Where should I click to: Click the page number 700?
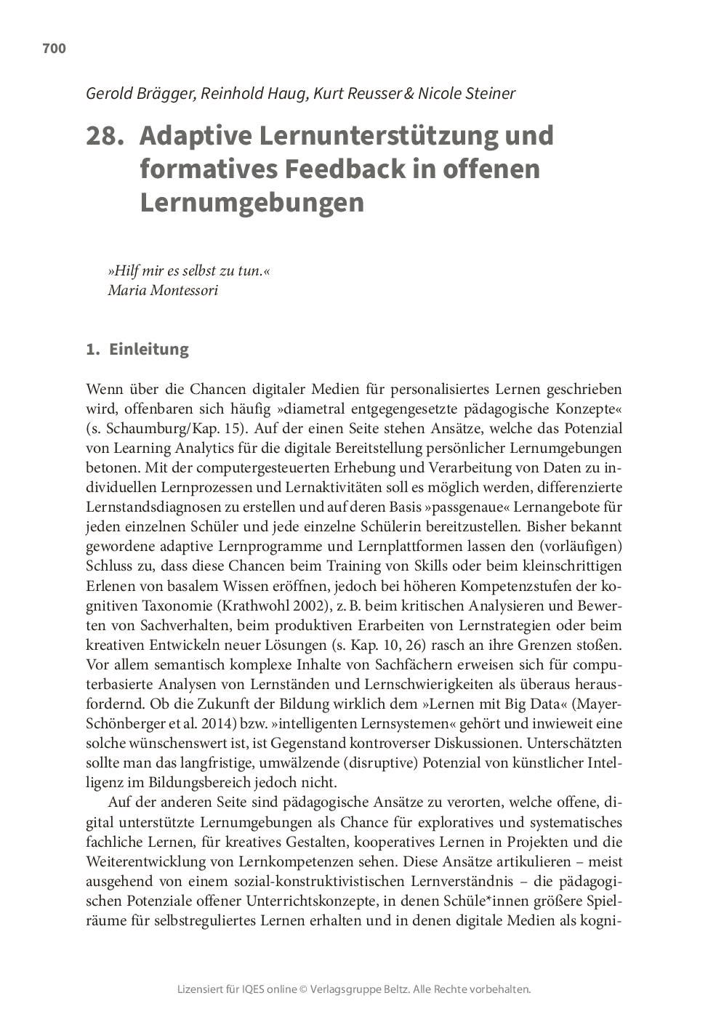coord(54,49)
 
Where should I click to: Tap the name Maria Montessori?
coord(162,290)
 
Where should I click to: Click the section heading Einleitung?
coord(148,350)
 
